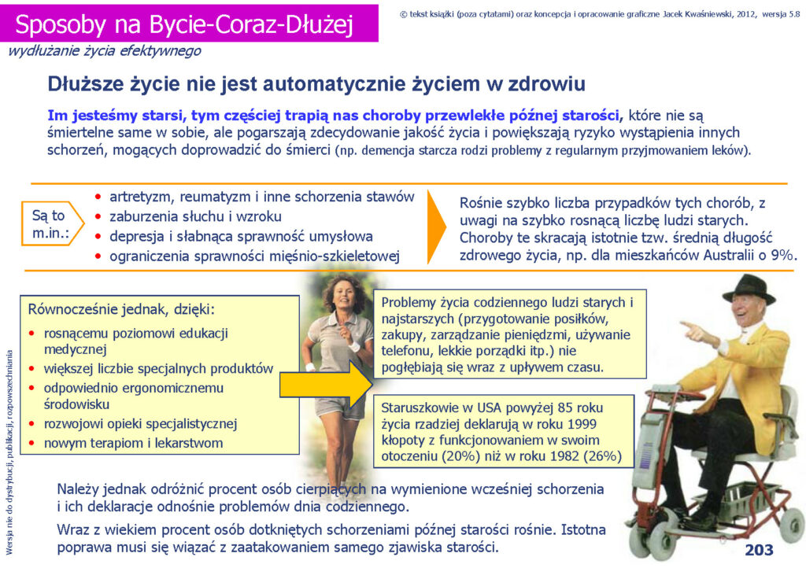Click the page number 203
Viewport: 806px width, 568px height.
pyautogui.click(x=759, y=550)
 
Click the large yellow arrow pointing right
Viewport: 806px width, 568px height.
pyautogui.click(x=326, y=384)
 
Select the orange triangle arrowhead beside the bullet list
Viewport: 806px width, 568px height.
pyautogui.click(x=437, y=227)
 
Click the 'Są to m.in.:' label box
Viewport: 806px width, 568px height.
pyautogui.click(x=52, y=223)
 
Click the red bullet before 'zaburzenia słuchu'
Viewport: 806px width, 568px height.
pyautogui.click(x=98, y=216)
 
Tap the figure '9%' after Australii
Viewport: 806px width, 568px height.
pyautogui.click(x=783, y=255)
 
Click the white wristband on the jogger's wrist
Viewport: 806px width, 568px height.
pyautogui.click(x=355, y=347)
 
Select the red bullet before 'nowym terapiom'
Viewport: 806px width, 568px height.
pyautogui.click(x=31, y=443)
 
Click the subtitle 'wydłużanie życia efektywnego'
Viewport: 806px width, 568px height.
pyautogui.click(x=105, y=51)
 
